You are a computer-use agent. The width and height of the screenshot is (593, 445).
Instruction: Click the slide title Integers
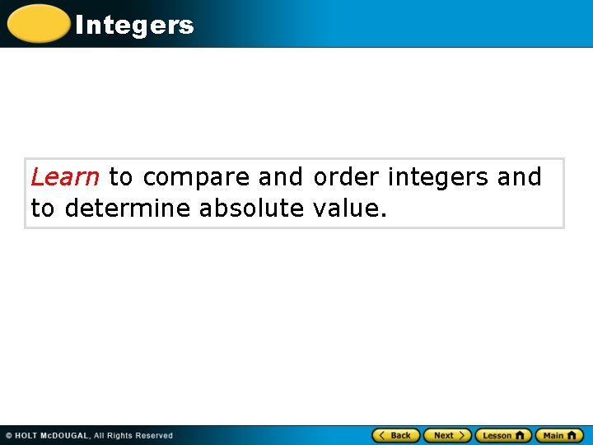(134, 26)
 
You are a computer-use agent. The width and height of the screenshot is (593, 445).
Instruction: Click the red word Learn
(65, 177)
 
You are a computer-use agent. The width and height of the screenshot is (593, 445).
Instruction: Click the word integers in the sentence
(438, 177)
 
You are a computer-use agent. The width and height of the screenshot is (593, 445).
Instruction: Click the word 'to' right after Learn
(120, 177)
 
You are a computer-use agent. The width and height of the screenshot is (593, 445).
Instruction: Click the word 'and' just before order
(281, 177)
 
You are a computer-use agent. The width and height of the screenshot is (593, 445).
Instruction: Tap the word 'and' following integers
(520, 177)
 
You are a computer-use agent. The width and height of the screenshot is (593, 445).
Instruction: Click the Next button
(447, 435)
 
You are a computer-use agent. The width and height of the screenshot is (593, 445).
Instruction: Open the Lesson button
(502, 435)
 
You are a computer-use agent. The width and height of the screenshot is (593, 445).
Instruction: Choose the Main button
(559, 435)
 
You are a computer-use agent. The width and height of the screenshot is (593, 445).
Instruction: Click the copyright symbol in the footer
(9, 436)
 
